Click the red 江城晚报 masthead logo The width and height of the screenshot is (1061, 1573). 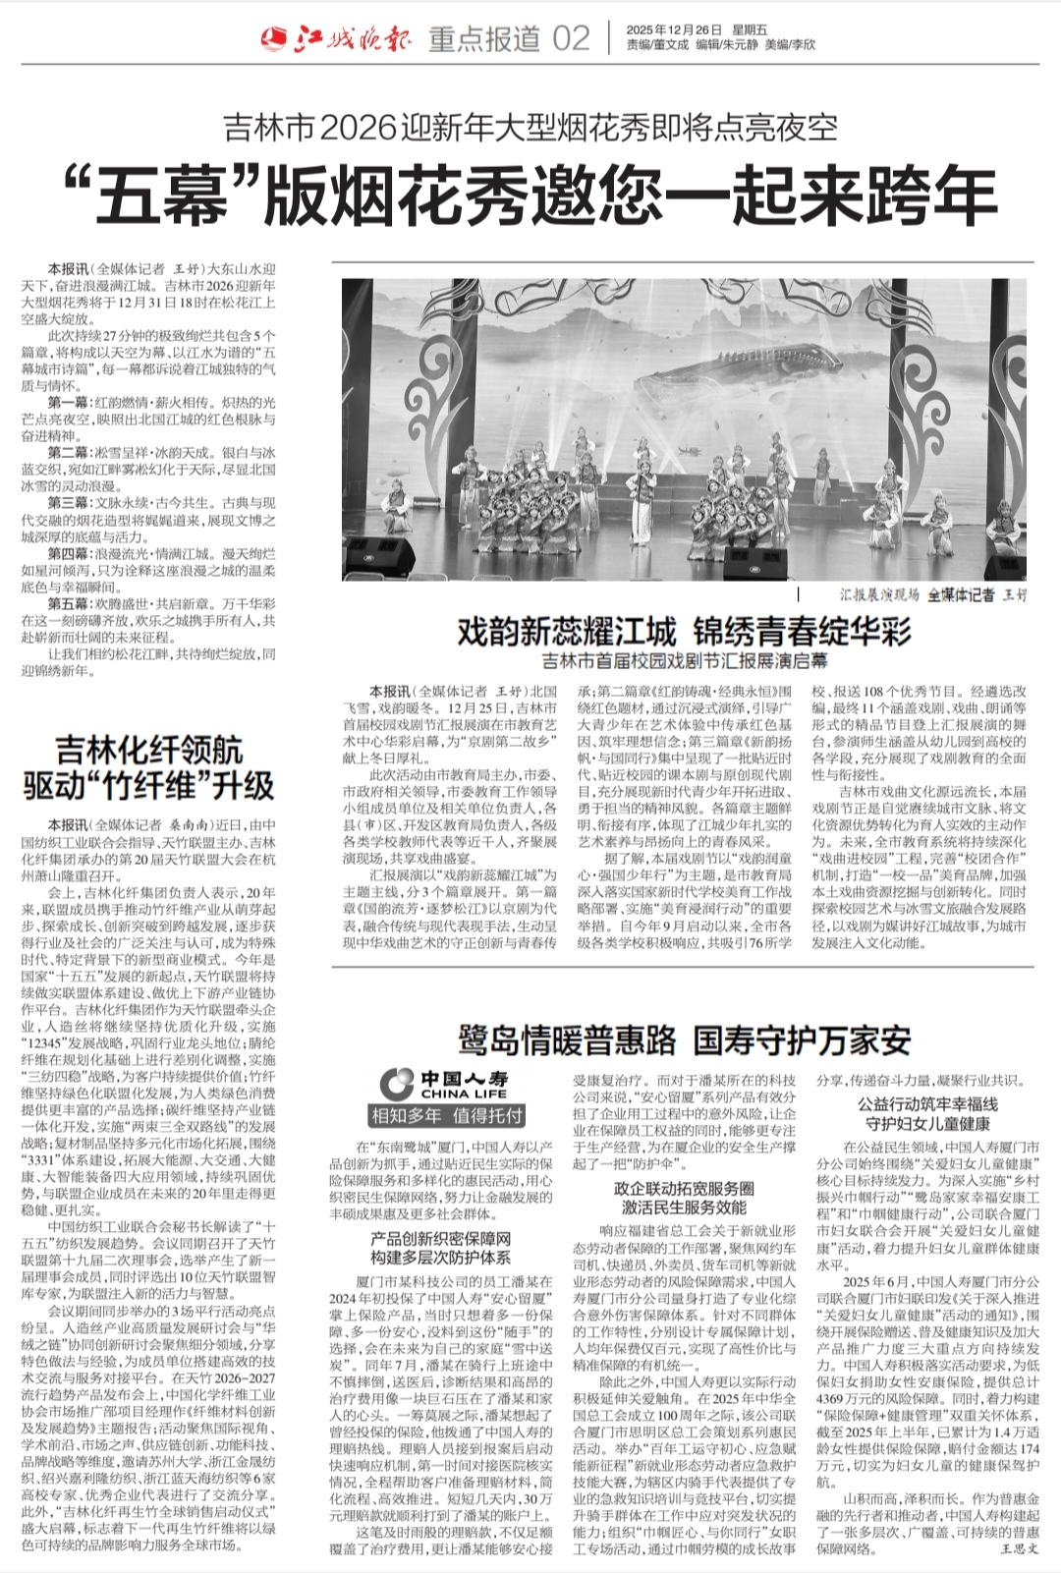click(x=338, y=38)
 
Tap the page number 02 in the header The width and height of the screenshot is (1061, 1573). click(x=571, y=39)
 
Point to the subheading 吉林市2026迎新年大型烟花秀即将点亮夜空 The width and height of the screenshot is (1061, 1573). click(x=530, y=128)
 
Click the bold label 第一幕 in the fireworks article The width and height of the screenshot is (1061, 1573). click(x=68, y=403)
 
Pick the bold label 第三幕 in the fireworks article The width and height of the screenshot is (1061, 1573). click(x=68, y=503)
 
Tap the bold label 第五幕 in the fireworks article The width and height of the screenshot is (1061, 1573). click(x=68, y=603)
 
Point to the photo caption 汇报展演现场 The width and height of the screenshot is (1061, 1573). click(x=879, y=594)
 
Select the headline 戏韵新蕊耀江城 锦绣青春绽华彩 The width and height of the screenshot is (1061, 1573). click(x=684, y=632)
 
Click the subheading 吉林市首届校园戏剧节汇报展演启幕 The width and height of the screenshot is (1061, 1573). click(x=685, y=661)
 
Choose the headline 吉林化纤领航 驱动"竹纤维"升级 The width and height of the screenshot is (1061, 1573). click(x=148, y=768)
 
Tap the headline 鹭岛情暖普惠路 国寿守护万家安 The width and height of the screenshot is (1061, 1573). click(x=684, y=1040)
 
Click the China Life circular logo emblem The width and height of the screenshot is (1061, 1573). click(x=398, y=1084)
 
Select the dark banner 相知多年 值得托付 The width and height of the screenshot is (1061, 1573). click(x=447, y=1116)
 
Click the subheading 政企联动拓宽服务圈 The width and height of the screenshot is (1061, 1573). click(x=684, y=1189)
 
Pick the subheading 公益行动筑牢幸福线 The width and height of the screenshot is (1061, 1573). click(x=927, y=1104)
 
